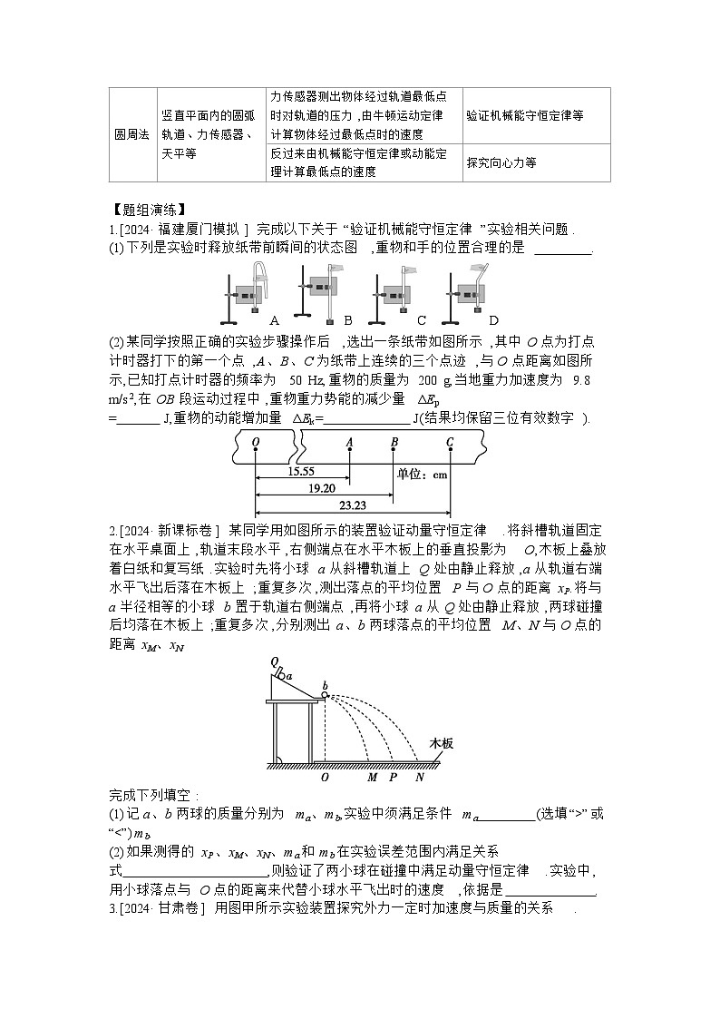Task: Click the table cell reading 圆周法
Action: [x=131, y=134]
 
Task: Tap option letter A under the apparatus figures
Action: [x=274, y=320]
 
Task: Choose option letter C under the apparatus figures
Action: [x=422, y=320]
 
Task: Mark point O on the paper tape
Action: [x=256, y=443]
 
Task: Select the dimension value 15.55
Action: [x=301, y=473]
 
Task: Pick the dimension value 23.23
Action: [x=352, y=506]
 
